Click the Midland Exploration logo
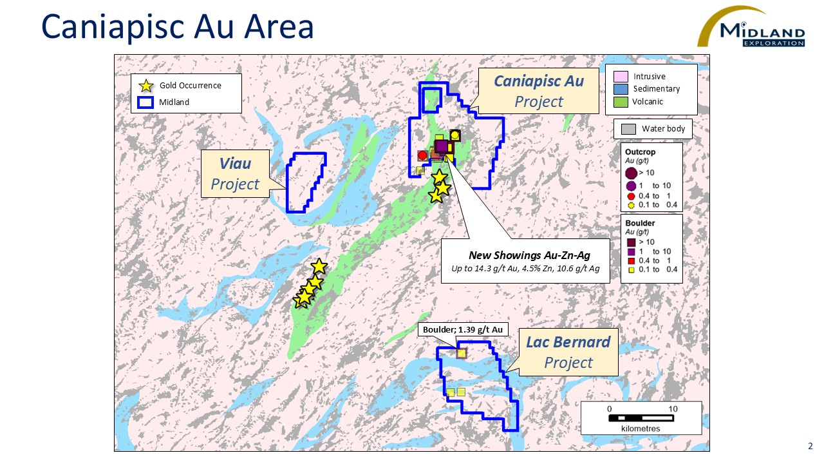[x=751, y=27]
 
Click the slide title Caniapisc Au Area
[x=177, y=26]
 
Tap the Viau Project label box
[x=235, y=173]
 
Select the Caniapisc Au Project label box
[x=538, y=91]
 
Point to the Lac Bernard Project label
[x=568, y=352]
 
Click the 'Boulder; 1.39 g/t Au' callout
[x=463, y=329]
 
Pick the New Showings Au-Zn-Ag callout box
[x=525, y=261]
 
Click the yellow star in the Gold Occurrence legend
[x=146, y=86]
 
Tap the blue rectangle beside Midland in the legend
[x=145, y=102]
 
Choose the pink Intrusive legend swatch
[x=621, y=77]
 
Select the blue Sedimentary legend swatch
[x=621, y=89]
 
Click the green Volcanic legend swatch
[x=621, y=101]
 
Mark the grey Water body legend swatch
[x=628, y=129]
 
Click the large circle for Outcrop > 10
[x=631, y=173]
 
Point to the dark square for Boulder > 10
[x=632, y=242]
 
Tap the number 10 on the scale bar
[x=673, y=409]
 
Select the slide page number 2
[x=810, y=446]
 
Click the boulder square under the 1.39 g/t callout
[x=462, y=353]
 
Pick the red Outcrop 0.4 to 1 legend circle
[x=632, y=196]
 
